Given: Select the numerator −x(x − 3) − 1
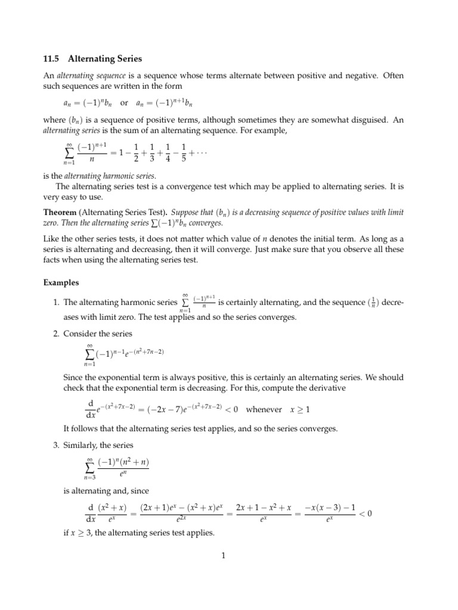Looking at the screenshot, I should tap(330, 507).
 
